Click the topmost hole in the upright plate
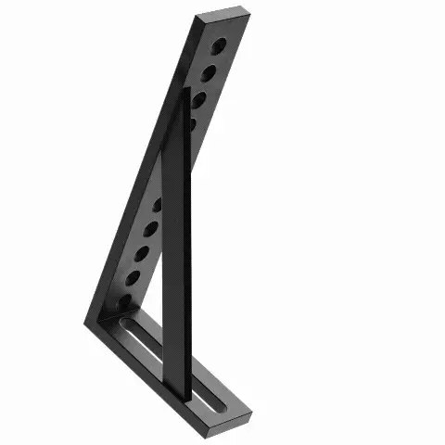pyautogui.click(x=218, y=44)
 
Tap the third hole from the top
pyautogui.click(x=198, y=96)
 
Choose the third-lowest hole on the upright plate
pyautogui.click(x=143, y=250)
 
